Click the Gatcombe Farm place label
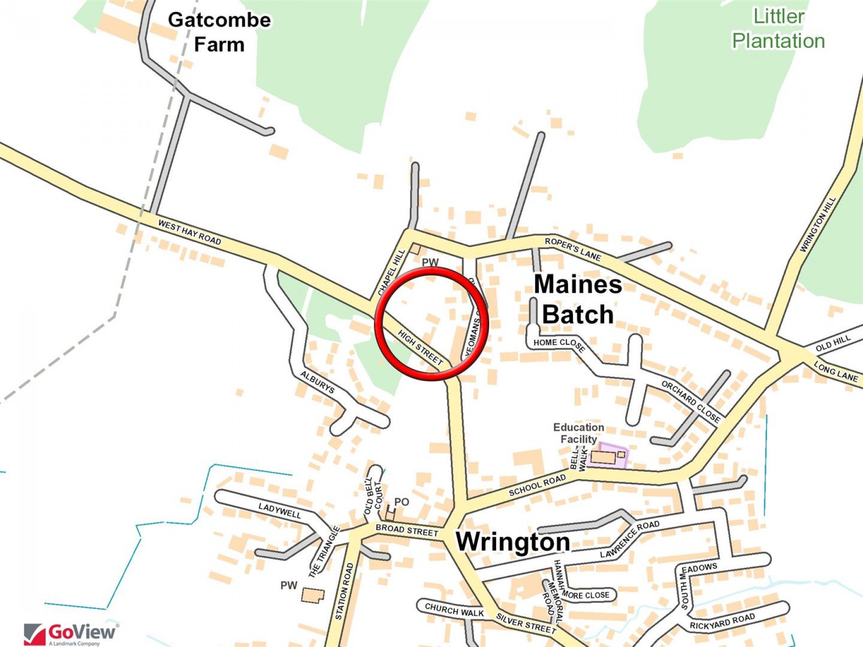pos(219,32)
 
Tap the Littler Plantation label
pos(778,29)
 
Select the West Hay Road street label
pos(189,232)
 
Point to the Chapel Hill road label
pos(392,272)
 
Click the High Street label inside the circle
pos(420,347)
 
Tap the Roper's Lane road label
pos(573,249)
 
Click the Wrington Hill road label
pos(818,224)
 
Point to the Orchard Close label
pos(691,401)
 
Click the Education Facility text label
pos(579,433)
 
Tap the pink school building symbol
pos(608,455)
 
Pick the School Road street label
pos(537,485)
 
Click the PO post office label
pos(401,502)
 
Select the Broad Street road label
pos(407,530)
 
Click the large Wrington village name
pos(513,542)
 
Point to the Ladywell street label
pos(280,510)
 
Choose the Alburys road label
pos(317,382)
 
